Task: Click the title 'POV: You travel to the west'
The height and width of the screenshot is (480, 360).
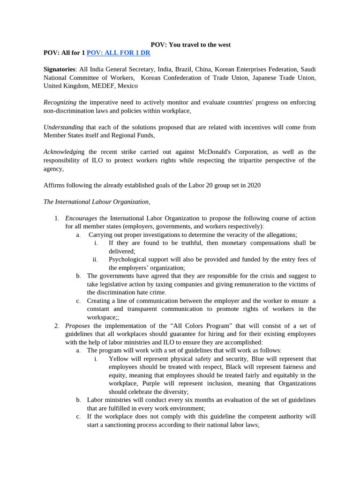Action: [190, 45]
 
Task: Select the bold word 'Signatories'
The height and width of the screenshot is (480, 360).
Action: [59, 69]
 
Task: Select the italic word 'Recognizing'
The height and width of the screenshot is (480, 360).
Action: [60, 102]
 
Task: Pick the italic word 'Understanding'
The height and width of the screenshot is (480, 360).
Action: [63, 127]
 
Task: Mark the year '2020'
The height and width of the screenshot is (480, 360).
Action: [253, 185]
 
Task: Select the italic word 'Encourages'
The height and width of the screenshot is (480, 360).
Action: [81, 218]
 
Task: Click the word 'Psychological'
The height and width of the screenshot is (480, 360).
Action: [128, 260]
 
